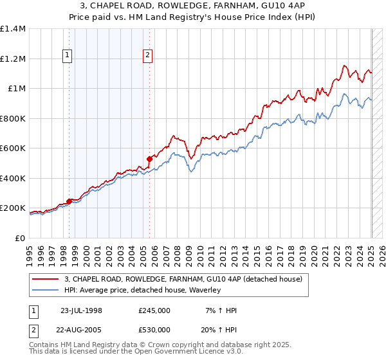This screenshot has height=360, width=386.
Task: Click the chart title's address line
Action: click(x=192, y=6)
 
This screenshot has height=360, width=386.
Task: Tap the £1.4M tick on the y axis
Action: click(x=13, y=29)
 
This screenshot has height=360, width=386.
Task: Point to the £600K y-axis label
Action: click(x=13, y=148)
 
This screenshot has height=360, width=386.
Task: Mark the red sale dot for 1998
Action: click(x=69, y=201)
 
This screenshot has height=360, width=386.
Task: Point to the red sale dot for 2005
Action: click(x=149, y=158)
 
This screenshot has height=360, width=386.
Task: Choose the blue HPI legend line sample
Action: click(x=46, y=290)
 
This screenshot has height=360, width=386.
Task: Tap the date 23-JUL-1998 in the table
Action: click(x=80, y=310)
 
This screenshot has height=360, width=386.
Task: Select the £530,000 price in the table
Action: click(x=154, y=330)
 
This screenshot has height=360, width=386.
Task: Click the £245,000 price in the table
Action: click(x=154, y=310)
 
